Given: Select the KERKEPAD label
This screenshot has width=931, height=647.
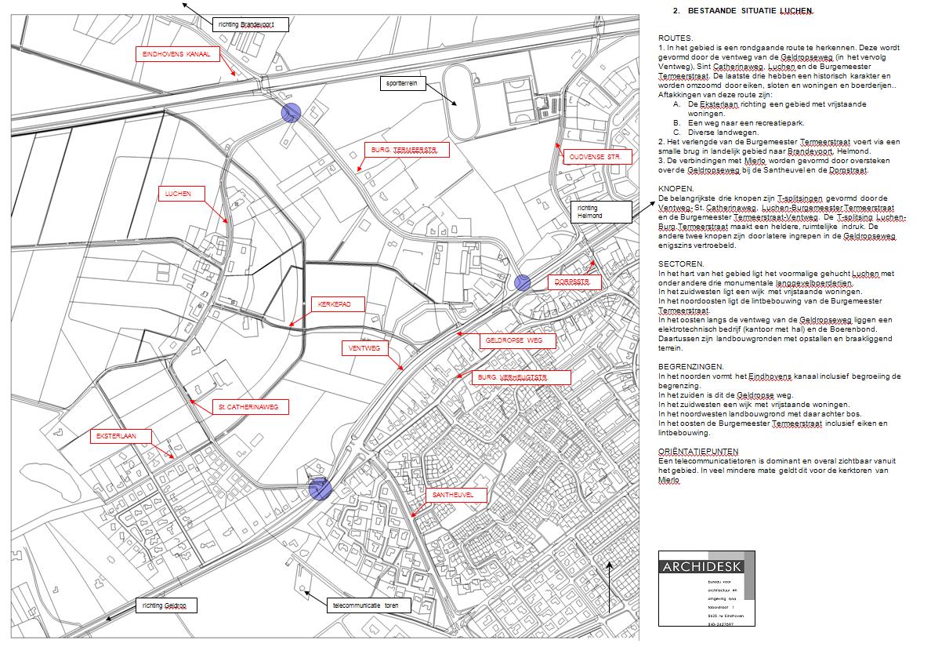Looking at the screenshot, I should coord(335,304).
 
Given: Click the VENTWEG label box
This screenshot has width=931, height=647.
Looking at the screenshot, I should coord(364,347).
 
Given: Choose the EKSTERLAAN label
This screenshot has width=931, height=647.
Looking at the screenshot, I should coord(119,435).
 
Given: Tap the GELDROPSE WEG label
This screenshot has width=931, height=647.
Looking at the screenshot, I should coord(517,341).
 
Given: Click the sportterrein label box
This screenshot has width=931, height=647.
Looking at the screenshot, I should coord(403,83).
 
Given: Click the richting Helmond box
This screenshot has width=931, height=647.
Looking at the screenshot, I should coord(600,212).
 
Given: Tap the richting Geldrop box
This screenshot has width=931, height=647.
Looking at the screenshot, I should coord(165,605).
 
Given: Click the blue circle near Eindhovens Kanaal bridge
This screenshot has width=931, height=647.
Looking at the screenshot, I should coord(291,113).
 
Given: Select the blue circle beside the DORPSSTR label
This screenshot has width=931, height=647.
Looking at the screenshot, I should coord(523,283).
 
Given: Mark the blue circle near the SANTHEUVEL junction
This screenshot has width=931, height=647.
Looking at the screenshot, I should coord(320,490).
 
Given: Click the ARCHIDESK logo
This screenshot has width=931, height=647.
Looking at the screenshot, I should coord(706,566).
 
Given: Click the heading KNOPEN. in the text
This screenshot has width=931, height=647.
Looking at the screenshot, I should coord(676,188).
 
